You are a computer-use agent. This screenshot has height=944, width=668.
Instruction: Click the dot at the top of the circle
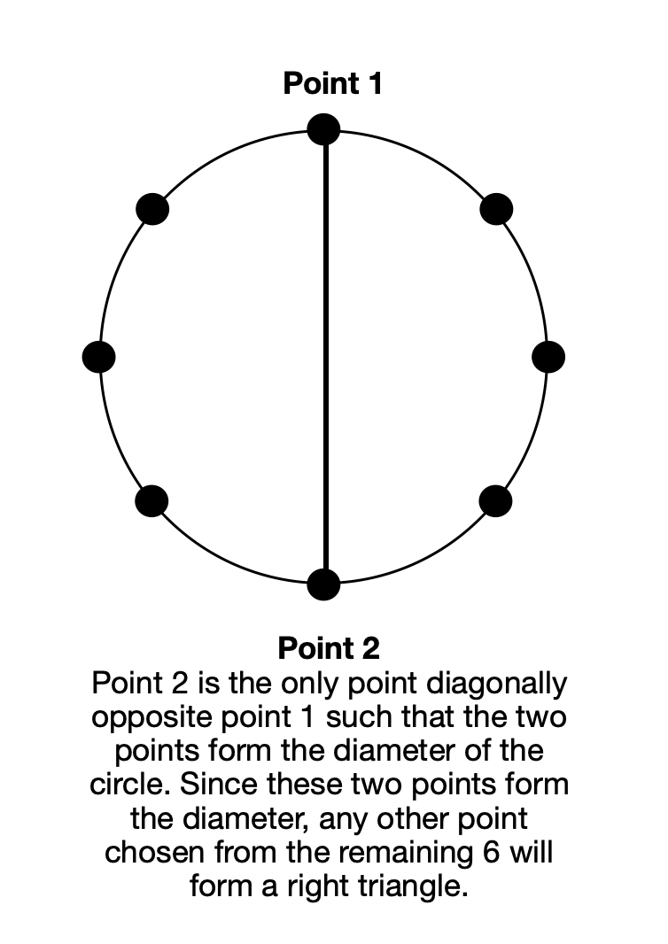pos(323,129)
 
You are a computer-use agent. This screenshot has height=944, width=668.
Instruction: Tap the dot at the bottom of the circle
pos(323,584)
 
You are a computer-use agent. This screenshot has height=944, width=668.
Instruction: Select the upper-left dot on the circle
pos(152,210)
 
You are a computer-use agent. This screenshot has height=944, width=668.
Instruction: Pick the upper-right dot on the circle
pos(496,210)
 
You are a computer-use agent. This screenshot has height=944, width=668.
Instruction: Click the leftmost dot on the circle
pos(99,356)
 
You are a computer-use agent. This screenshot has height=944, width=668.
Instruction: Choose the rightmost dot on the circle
pos(548,356)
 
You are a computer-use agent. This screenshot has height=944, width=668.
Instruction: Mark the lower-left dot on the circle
pos(151,501)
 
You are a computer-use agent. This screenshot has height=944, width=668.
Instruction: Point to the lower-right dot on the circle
pos(496,501)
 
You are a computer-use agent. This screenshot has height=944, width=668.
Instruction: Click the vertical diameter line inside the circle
pos(326,356)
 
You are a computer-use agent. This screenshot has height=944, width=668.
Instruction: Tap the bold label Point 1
pos(332,83)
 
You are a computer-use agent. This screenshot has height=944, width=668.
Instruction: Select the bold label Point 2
pos(329,648)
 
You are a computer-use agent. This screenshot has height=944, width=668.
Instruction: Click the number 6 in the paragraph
pos(492,852)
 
